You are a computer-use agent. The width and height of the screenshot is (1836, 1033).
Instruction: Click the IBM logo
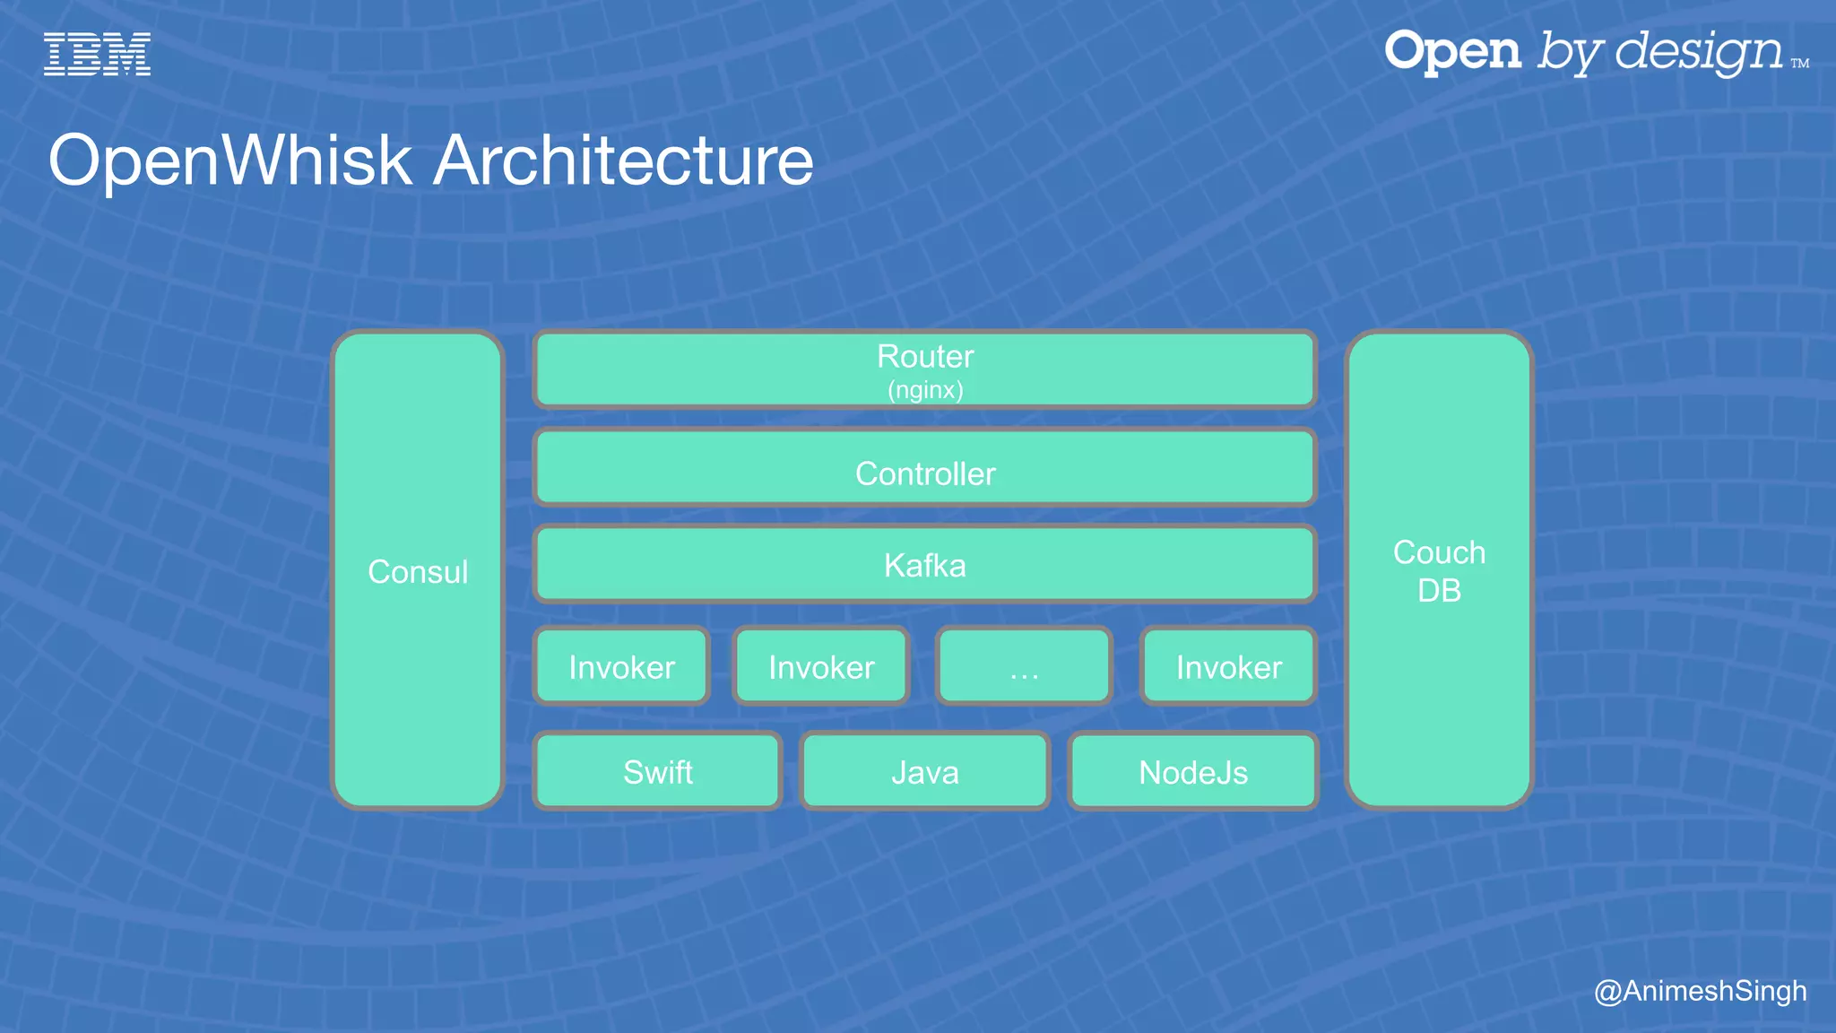click(97, 54)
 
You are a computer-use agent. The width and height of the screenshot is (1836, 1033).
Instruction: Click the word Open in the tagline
click(1452, 51)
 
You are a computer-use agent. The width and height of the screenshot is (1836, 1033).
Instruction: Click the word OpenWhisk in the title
click(229, 161)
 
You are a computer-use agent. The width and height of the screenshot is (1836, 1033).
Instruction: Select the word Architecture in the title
click(624, 161)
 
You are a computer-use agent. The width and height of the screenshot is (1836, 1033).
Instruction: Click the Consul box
click(418, 571)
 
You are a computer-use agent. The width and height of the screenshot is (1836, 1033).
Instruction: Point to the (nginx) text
click(925, 390)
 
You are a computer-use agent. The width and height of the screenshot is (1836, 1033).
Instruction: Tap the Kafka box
click(925, 565)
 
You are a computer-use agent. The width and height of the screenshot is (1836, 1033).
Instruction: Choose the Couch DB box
click(1439, 571)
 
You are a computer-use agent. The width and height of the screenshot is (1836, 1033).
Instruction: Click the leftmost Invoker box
click(621, 667)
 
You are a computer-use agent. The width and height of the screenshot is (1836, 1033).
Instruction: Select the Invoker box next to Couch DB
click(1228, 667)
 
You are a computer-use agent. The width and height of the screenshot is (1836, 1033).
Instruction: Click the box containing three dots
click(1024, 667)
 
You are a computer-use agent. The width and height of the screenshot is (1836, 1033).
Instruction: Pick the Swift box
click(657, 772)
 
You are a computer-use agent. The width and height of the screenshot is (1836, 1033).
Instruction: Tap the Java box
click(925, 772)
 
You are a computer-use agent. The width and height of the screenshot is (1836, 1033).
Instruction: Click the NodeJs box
click(1192, 772)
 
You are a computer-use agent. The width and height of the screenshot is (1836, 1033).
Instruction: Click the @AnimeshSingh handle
click(1700, 991)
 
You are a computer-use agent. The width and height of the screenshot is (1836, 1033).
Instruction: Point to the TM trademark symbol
click(1800, 64)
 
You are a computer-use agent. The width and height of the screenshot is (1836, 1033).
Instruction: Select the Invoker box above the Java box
click(821, 667)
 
